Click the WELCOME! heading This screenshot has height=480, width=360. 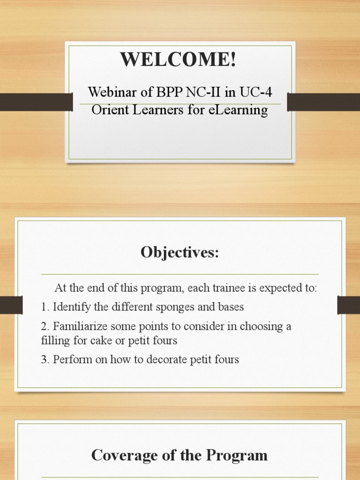click(178, 60)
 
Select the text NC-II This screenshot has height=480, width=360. click(203, 92)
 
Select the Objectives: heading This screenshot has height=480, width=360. click(180, 253)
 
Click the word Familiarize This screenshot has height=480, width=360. click(79, 326)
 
